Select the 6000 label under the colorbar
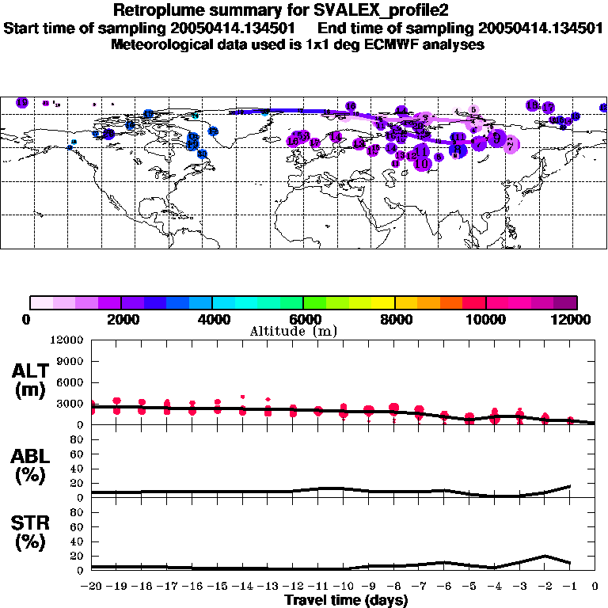[x=303, y=320]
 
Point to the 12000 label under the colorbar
[x=575, y=320]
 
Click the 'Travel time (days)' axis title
[x=346, y=601]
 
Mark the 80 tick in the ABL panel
[x=78, y=454]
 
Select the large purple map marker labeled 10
[x=421, y=162]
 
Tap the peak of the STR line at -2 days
[x=545, y=556]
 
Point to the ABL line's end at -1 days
[x=570, y=486]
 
